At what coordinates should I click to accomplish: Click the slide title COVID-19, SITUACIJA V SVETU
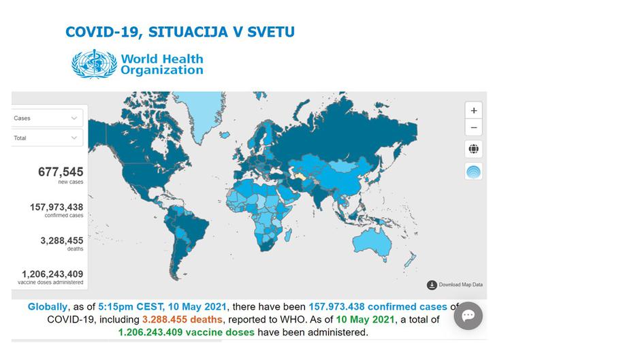click(x=180, y=32)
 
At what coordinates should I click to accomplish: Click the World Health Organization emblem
click(x=94, y=63)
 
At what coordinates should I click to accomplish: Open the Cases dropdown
click(x=46, y=118)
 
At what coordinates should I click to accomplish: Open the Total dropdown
click(x=46, y=137)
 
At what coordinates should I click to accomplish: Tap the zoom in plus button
click(x=473, y=110)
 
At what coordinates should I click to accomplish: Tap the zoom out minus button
click(x=473, y=127)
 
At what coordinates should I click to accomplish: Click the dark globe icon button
click(x=473, y=148)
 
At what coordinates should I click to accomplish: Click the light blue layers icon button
click(x=473, y=171)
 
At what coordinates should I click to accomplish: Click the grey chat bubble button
click(x=468, y=316)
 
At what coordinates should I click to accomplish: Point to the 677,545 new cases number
click(x=61, y=172)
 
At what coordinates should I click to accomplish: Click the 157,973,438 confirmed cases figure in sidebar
click(x=57, y=207)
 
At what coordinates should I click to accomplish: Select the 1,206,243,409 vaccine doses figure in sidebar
click(x=52, y=273)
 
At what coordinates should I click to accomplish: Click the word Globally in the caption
click(x=48, y=307)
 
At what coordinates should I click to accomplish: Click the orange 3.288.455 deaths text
click(x=182, y=319)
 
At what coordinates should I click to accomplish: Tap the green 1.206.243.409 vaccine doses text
click(x=186, y=332)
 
